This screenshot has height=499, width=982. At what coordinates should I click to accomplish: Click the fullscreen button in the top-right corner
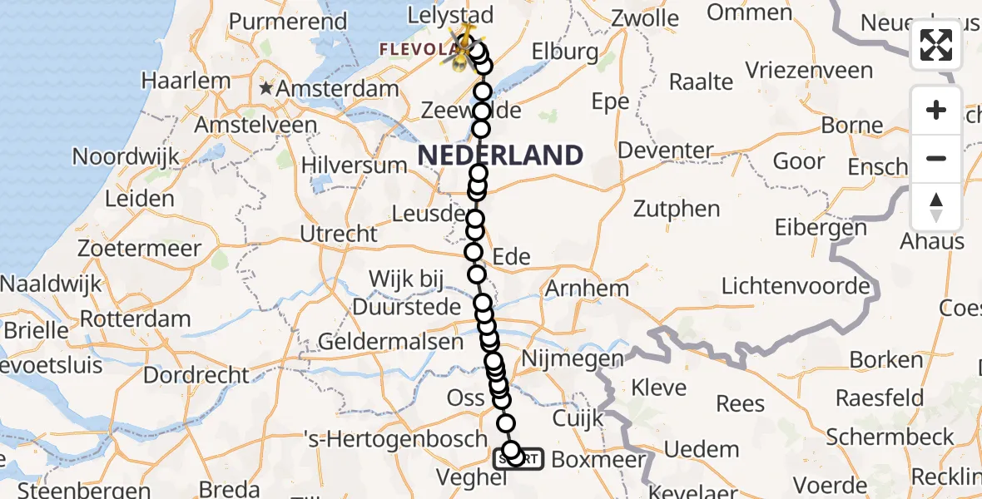pyautogui.click(x=936, y=45)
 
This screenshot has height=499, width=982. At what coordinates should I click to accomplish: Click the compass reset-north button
pyautogui.click(x=936, y=207)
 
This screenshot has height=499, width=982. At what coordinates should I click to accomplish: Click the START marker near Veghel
pyautogui.click(x=518, y=458)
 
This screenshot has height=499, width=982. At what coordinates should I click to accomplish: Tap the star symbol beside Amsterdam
pyautogui.click(x=266, y=88)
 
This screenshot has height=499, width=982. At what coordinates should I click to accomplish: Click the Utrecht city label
pyautogui.click(x=339, y=235)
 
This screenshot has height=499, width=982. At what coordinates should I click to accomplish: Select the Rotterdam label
pyautogui.click(x=136, y=319)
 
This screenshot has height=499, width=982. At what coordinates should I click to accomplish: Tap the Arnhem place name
pyautogui.click(x=587, y=289)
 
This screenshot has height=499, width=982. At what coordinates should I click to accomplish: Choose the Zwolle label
pyautogui.click(x=645, y=17)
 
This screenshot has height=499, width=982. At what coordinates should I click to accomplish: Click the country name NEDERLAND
pyautogui.click(x=500, y=155)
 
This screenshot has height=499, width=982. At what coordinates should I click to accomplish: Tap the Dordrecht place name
pyautogui.click(x=196, y=375)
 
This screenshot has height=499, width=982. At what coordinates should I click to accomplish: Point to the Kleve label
pyautogui.click(x=659, y=387)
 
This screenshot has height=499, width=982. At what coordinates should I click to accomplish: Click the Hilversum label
pyautogui.click(x=354, y=165)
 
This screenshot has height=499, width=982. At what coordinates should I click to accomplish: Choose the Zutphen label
pyautogui.click(x=677, y=208)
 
